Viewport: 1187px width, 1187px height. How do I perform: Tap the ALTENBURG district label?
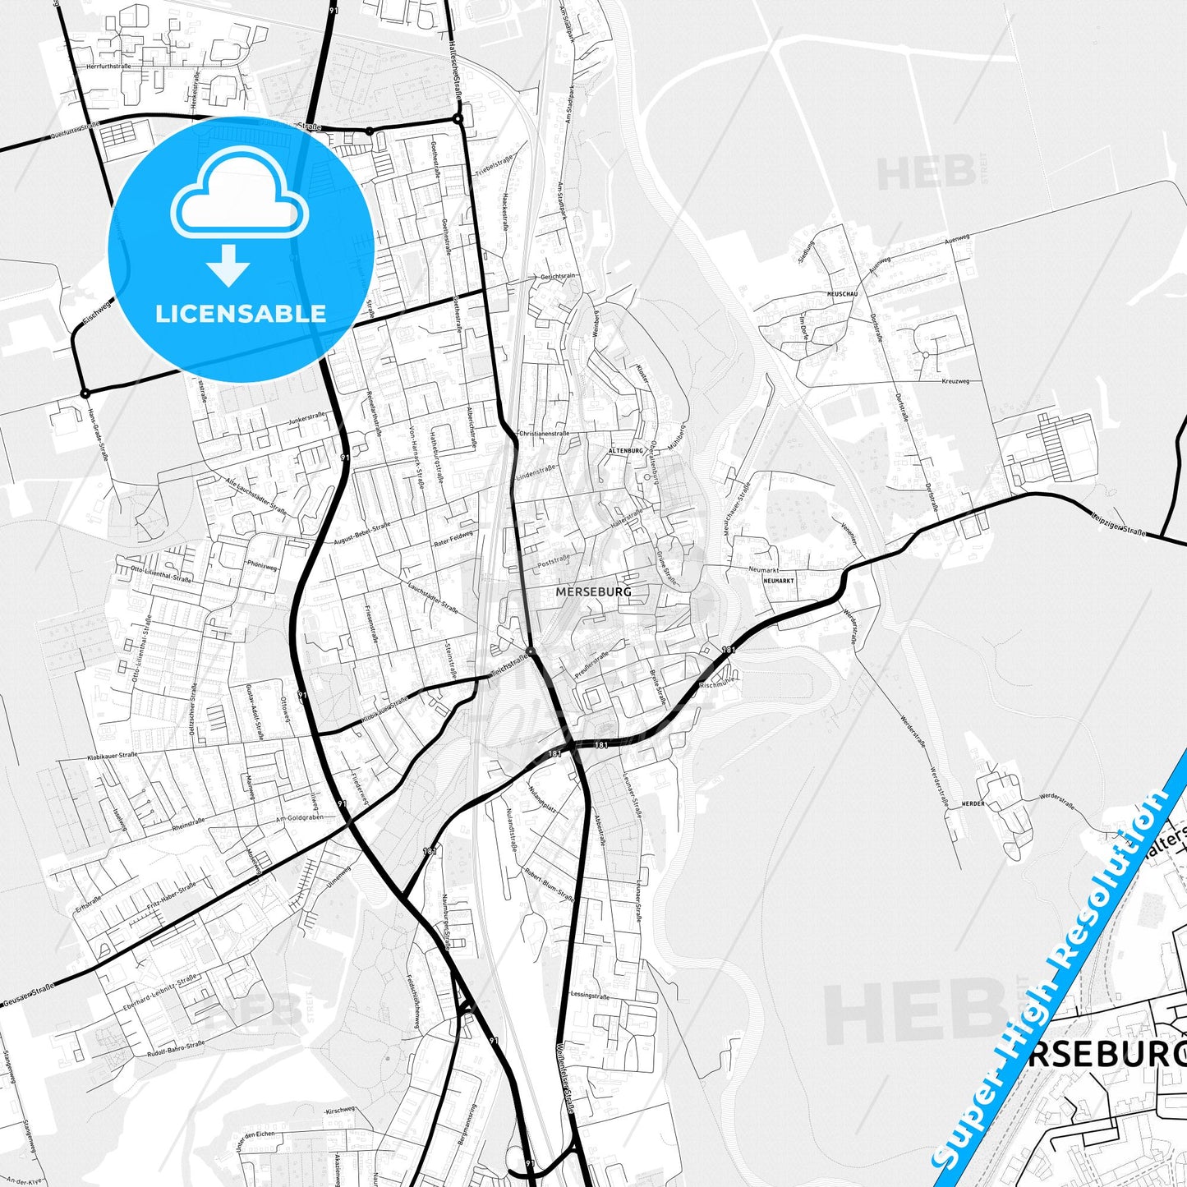tap(625, 452)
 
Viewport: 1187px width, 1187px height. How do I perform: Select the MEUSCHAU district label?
tap(843, 293)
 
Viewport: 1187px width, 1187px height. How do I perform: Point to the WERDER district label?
tap(973, 803)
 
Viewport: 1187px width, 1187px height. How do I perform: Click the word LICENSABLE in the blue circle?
tap(241, 313)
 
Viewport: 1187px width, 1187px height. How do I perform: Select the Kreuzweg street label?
tap(955, 381)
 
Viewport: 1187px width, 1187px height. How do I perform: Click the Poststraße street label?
tap(552, 560)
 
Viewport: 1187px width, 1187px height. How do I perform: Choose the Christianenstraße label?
tap(543, 432)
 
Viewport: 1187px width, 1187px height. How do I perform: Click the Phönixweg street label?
tap(262, 566)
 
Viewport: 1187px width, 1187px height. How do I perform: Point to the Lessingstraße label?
tap(590, 995)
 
